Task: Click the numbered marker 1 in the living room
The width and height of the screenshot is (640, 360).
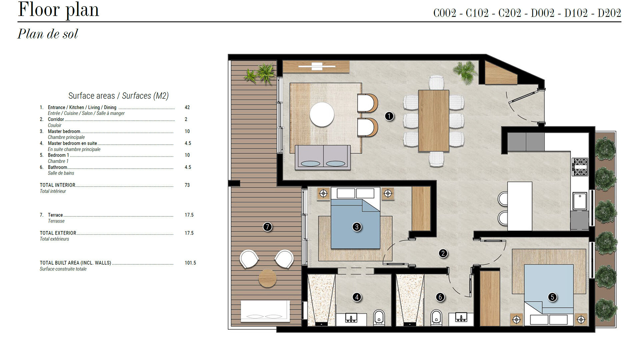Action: pos(389,116)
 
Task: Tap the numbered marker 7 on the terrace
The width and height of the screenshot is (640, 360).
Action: pos(267,227)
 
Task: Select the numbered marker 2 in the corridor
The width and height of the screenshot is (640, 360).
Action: pos(443,253)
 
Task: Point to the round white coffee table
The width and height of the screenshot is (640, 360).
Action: pos(322,114)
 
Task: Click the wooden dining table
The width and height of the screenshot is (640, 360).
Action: pos(434,121)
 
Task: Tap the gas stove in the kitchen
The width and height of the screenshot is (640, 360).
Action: pos(580,167)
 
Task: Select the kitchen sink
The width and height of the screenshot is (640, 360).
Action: pos(580,201)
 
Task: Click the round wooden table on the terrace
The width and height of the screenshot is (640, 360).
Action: pos(267,278)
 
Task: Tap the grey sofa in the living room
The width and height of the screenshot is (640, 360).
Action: pos(323,157)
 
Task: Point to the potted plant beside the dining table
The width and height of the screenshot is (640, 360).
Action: pos(465,72)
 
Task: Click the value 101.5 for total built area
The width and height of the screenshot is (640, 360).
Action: pos(190,263)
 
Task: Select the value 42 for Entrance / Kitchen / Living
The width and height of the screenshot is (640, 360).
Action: pos(187,107)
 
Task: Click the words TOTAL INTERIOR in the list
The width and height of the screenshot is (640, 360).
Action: pos(58,185)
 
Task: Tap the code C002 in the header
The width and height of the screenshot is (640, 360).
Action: pos(445,13)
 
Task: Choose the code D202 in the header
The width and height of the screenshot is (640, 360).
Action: pos(609,13)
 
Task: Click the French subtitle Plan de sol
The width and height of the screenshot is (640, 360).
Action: pos(48,34)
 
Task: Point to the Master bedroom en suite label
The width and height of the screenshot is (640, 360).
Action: pos(72,143)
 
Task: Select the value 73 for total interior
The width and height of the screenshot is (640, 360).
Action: pos(187,185)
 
